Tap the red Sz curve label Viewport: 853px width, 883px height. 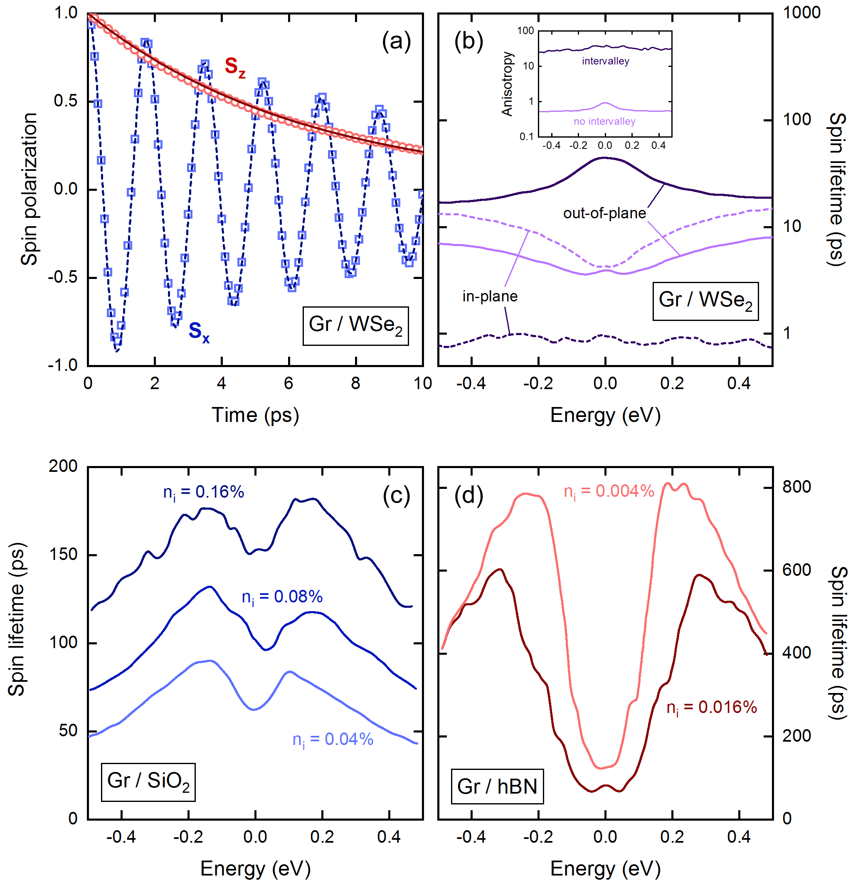coord(234,67)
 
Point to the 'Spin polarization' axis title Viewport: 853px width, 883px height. coord(29,189)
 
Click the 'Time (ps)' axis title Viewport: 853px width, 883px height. coord(255,415)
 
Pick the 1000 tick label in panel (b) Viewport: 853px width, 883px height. coord(801,12)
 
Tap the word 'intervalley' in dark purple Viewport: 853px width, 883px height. coord(605,61)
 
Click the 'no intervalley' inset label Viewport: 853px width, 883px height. coord(604,121)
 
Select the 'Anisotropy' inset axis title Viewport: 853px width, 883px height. coord(507,84)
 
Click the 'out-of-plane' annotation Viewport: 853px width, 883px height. coord(604,213)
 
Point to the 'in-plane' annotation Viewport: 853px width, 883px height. coord(490,296)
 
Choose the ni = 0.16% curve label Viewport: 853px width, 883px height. coord(204,492)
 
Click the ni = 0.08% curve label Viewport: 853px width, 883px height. coord(282,597)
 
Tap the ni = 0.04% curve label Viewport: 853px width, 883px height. coord(333,740)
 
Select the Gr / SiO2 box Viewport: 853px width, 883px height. coord(148,782)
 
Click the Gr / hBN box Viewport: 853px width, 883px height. coord(497,787)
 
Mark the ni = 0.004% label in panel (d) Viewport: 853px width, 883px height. coord(609,491)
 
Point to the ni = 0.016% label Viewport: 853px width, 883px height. coord(712,708)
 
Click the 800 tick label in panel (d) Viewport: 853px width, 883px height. coord(796,487)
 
